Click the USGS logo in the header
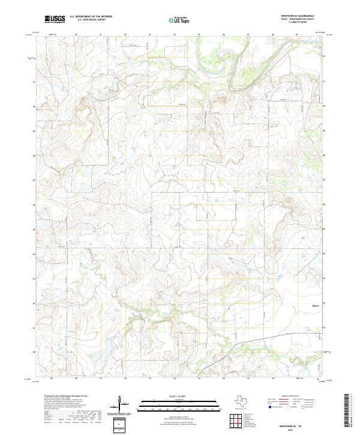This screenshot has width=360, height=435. click(55, 19)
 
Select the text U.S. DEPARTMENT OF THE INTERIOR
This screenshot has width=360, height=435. click(91, 17)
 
